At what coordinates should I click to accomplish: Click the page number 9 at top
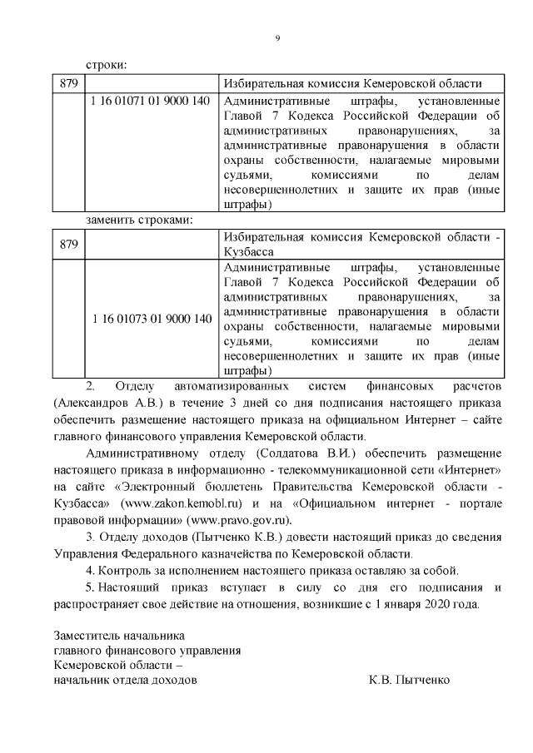tap(277, 37)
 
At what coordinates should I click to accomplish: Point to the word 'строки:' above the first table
tap(108, 65)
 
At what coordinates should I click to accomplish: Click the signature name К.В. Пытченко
tap(409, 679)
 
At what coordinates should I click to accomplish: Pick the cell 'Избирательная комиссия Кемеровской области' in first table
tap(352, 84)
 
